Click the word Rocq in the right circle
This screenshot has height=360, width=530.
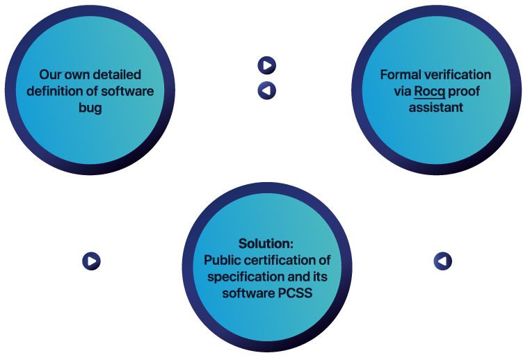[429, 92]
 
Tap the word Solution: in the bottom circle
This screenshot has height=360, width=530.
[266, 244]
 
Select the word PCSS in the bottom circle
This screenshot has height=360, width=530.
[296, 293]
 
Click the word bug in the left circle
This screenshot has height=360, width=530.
[90, 108]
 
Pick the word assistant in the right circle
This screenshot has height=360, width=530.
[435, 108]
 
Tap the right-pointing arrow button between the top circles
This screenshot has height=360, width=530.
[266, 65]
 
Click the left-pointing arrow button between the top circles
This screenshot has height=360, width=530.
[266, 90]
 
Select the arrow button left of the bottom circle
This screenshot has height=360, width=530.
[91, 261]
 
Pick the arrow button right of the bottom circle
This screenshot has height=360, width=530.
[442, 261]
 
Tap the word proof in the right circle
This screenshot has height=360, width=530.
[465, 92]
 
